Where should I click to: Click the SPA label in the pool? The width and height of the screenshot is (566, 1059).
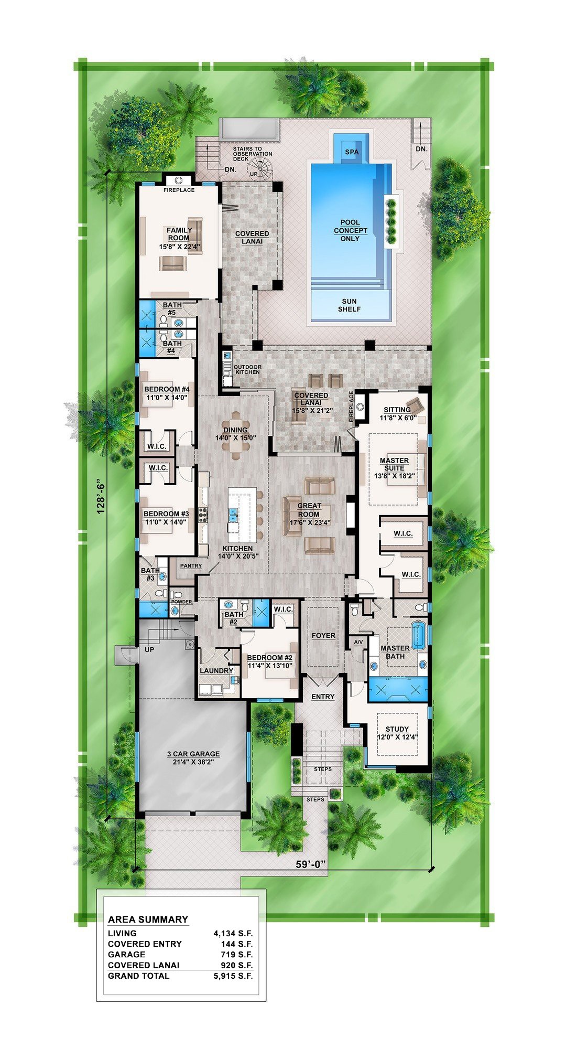point(352,152)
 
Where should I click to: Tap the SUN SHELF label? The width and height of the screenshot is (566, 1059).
point(349,305)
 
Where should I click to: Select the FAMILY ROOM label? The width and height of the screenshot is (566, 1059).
point(179,234)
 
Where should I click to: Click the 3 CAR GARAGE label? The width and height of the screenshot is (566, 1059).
point(193,754)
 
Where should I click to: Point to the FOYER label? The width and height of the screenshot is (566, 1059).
point(323,635)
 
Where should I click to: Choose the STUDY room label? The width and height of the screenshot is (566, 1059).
point(397,729)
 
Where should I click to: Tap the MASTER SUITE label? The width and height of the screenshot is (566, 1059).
point(394,464)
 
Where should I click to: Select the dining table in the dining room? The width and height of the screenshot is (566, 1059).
point(236,439)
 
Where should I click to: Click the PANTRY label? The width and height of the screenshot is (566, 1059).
point(191,566)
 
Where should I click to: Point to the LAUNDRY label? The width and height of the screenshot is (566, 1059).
point(216,671)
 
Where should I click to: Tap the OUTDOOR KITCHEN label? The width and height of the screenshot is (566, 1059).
point(247,369)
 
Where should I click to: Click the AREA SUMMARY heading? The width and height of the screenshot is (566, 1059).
point(148,919)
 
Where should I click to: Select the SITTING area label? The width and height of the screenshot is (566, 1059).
point(397,410)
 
